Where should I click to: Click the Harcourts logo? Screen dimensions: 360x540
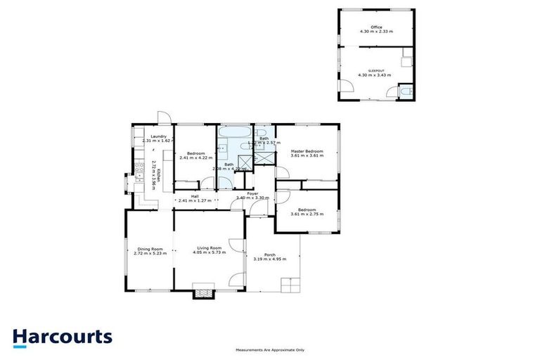(x=62, y=336)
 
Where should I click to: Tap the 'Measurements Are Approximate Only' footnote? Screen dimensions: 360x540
(x=270, y=350)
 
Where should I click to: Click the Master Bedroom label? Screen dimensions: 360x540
(x=307, y=151)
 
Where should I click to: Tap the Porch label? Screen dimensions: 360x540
(x=269, y=255)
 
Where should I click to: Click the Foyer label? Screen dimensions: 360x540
(x=252, y=193)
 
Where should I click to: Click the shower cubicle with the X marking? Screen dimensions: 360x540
(x=264, y=157)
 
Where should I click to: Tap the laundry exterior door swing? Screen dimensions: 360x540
(x=162, y=118)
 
